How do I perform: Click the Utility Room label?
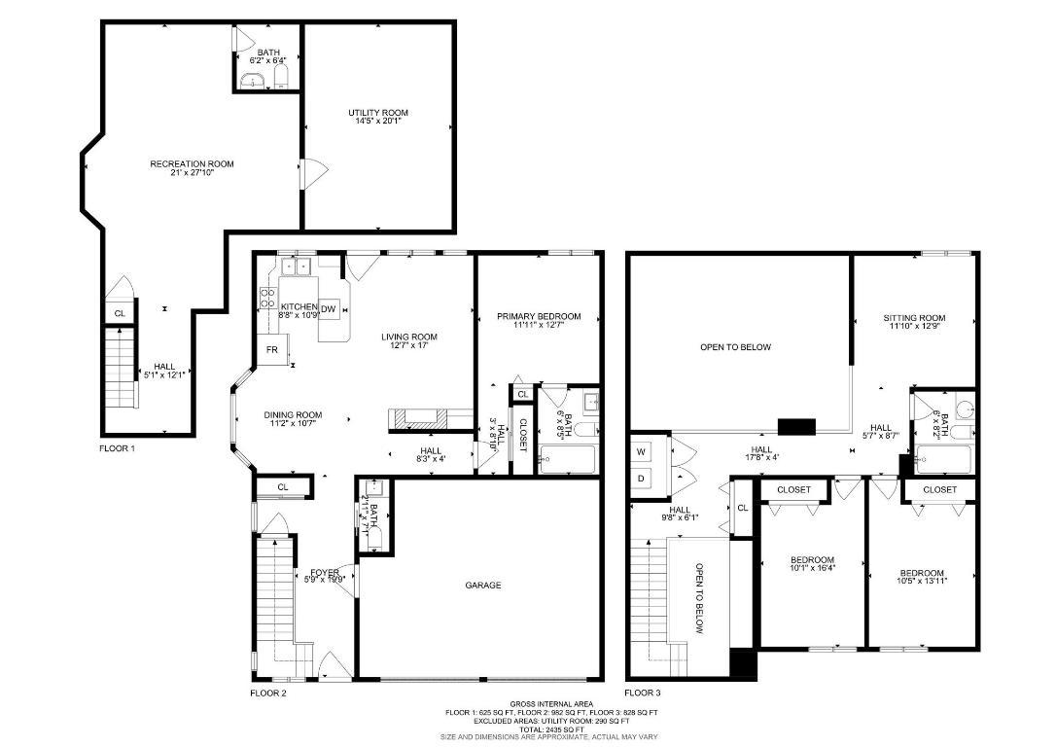[377, 113]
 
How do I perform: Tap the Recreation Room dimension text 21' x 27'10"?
[192, 173]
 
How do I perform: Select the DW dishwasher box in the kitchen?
[329, 308]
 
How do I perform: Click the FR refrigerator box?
[272, 349]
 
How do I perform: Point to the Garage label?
[482, 585]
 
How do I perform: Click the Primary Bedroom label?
[539, 316]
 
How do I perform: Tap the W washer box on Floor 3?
[641, 451]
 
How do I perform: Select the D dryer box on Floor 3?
[641, 479]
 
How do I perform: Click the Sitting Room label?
[914, 318]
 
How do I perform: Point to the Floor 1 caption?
[118, 448]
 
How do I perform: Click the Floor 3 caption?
[642, 693]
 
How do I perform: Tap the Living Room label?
[408, 338]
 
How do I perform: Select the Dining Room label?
[293, 415]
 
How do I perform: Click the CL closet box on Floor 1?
[120, 313]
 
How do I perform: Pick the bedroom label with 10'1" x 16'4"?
[811, 559]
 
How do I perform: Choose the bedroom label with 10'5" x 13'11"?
[921, 573]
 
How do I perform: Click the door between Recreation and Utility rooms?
[309, 175]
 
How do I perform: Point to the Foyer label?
[324, 572]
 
